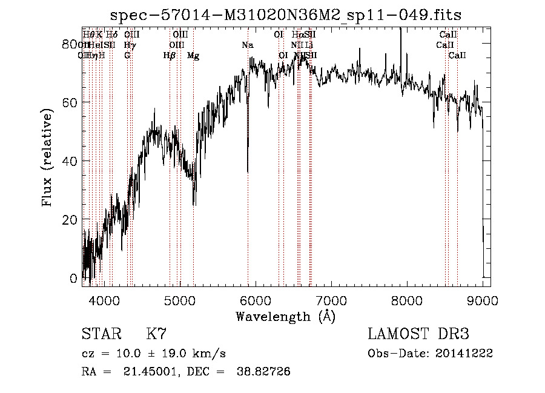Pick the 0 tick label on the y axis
coord(74,279)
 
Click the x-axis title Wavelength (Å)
coord(285,316)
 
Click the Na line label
coord(247,45)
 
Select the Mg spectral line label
coord(193,56)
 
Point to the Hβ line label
coord(170,56)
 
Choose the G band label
coord(127,56)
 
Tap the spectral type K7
coord(156,334)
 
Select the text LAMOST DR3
coord(418,334)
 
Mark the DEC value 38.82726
coord(265,372)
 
